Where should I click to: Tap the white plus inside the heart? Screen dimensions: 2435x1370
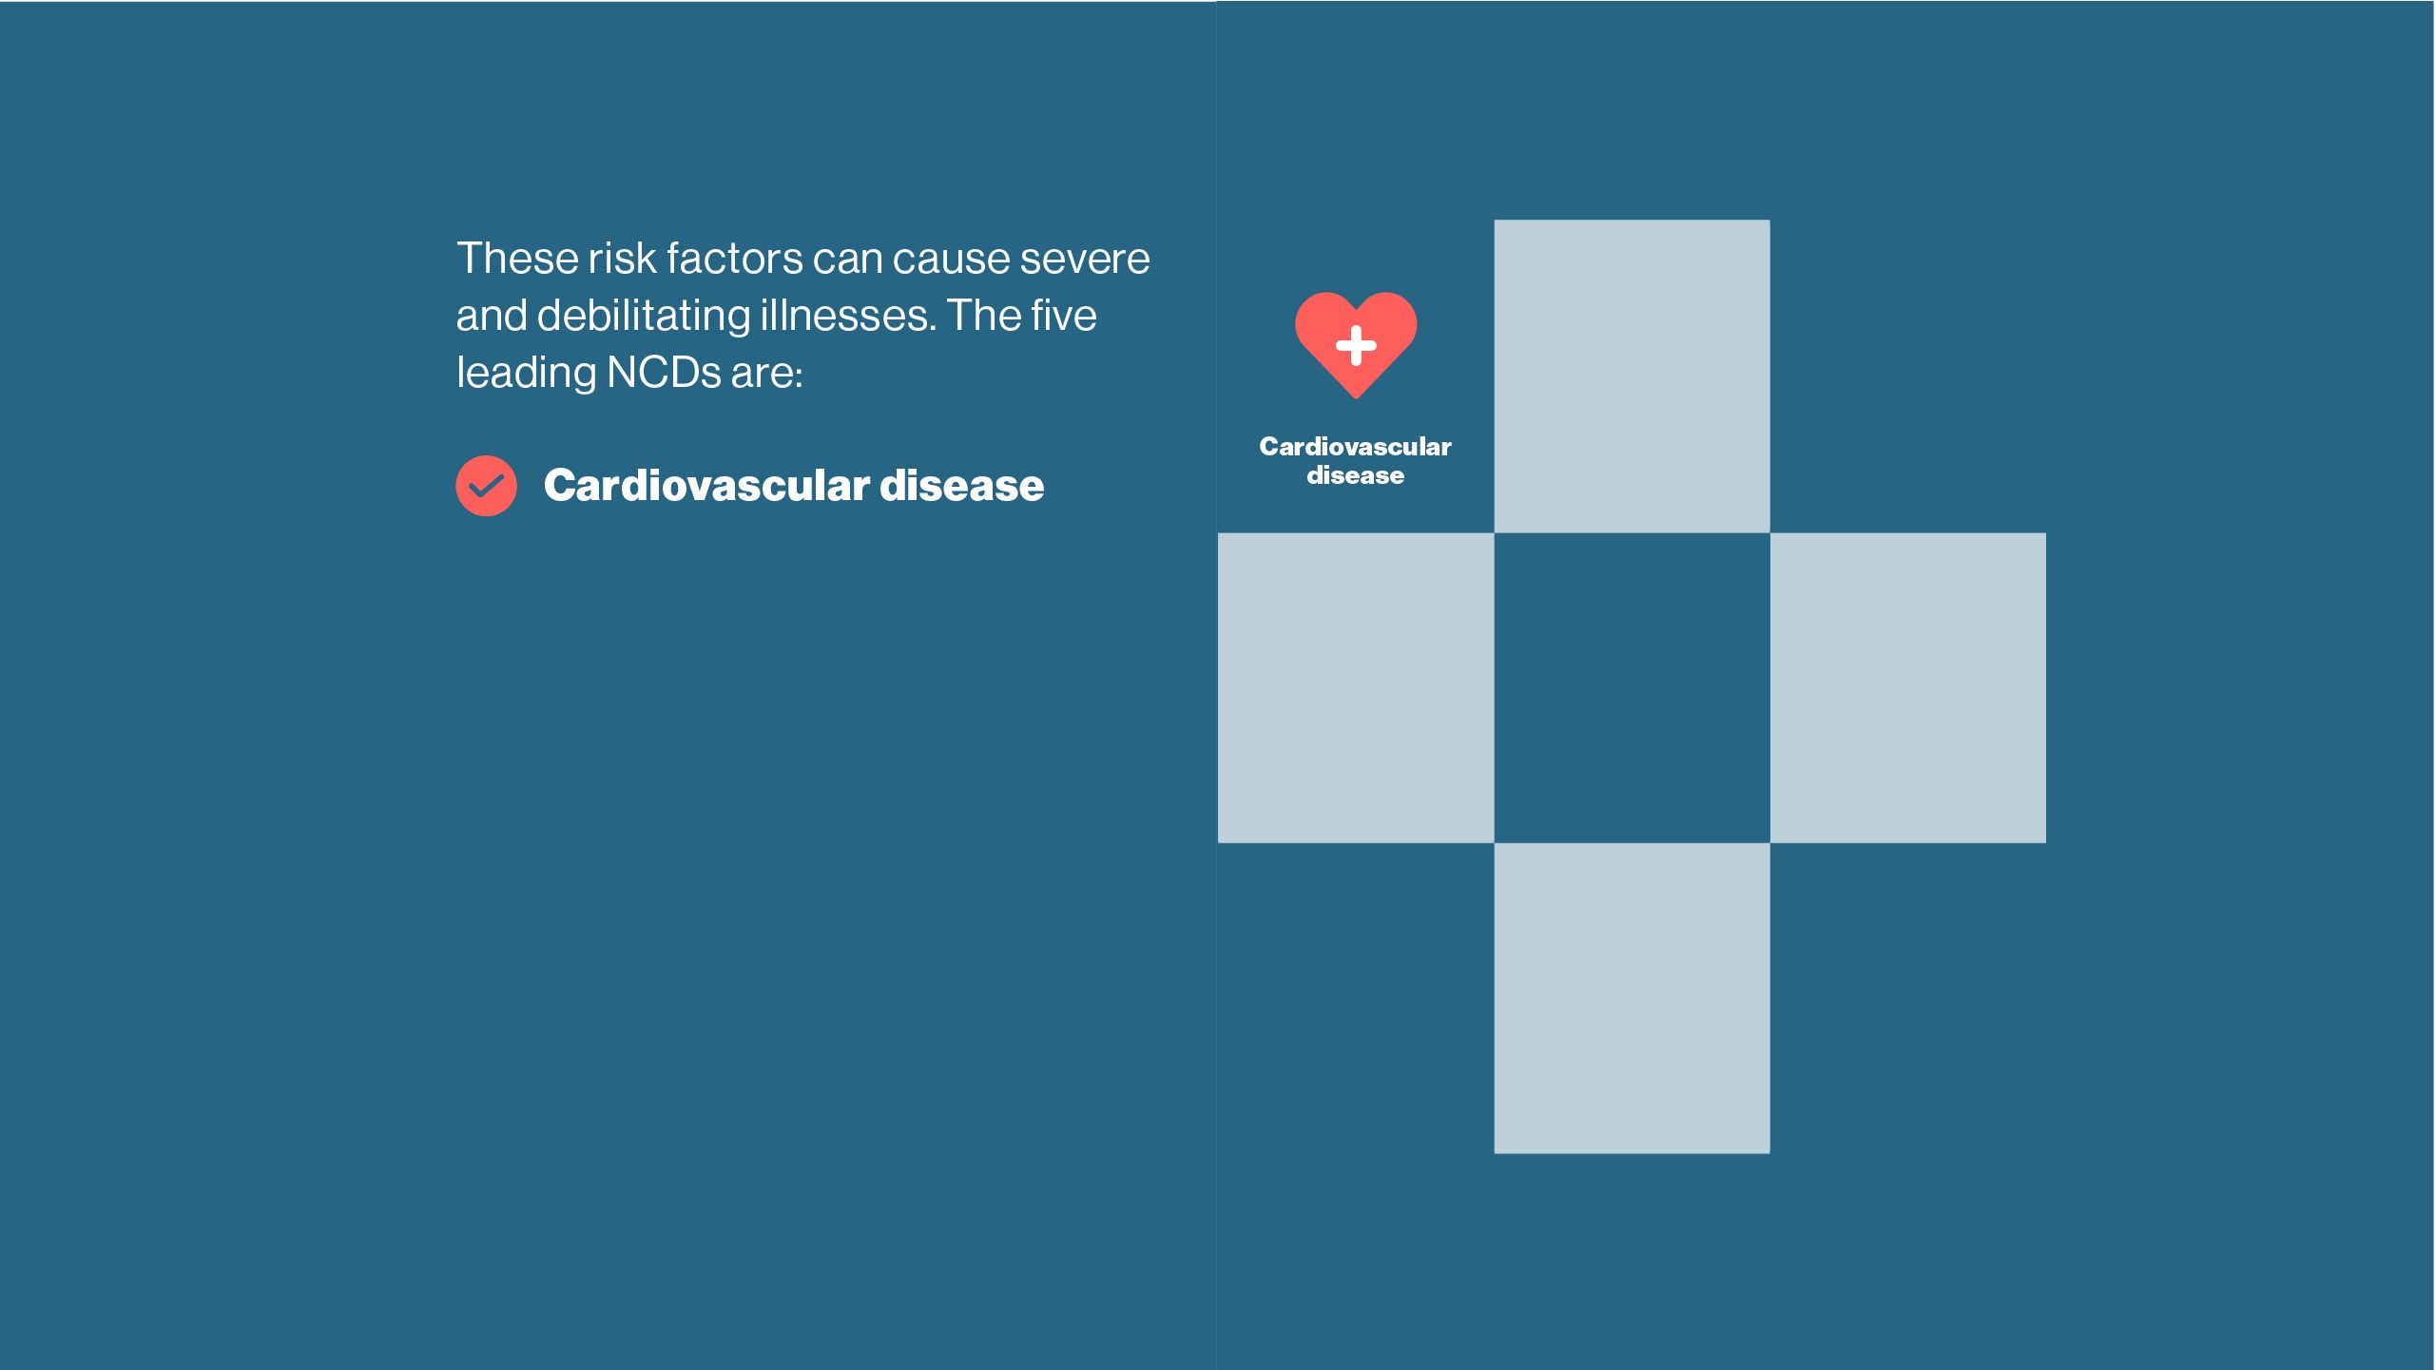[1356, 345]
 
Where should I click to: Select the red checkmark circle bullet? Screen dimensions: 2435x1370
[486, 486]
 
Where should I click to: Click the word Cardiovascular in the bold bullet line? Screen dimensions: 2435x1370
[706, 485]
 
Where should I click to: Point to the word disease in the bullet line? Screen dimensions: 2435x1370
[962, 485]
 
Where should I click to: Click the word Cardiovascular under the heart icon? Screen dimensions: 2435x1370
[1355, 446]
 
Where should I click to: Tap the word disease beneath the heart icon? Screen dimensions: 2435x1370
[1355, 475]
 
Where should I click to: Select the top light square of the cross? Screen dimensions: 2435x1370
[1632, 376]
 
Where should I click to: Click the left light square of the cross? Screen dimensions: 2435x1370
[1356, 688]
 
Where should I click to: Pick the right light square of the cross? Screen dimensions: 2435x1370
[1908, 688]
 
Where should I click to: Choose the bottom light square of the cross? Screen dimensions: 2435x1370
[1632, 998]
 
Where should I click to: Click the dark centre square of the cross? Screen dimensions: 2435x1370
[1632, 688]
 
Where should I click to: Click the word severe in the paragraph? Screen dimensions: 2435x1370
[1085, 259]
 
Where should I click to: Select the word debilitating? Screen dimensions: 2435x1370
[644, 315]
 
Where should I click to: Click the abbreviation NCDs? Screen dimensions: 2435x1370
[664, 372]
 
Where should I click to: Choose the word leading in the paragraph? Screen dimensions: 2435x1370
[526, 373]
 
